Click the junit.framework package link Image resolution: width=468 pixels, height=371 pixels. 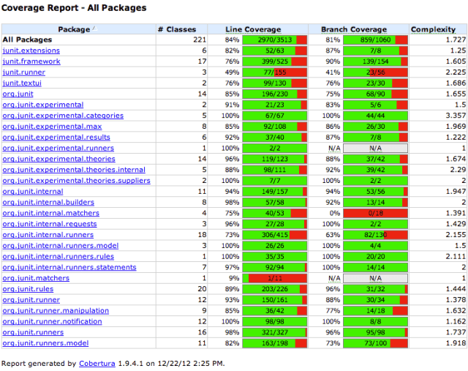click(x=31, y=61)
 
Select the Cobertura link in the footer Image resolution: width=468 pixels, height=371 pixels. click(x=97, y=363)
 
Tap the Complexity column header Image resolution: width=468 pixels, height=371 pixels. click(x=433, y=29)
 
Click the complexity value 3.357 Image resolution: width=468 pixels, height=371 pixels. click(x=454, y=116)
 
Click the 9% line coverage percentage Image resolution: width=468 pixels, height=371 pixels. click(x=233, y=278)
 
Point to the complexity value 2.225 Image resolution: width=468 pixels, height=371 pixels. click(x=454, y=72)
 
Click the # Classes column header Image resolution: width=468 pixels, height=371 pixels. click(x=177, y=29)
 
